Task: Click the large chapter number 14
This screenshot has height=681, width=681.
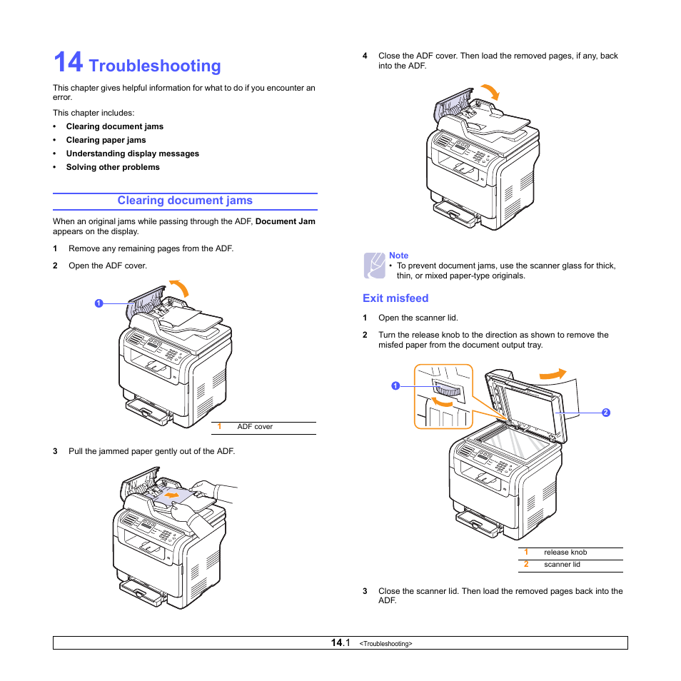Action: click(68, 63)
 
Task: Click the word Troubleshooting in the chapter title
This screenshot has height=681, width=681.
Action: click(156, 66)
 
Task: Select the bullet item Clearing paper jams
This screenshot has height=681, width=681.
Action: click(106, 140)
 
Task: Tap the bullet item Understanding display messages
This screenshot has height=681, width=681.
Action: click(132, 153)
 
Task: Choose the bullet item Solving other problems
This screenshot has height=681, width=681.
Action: click(113, 167)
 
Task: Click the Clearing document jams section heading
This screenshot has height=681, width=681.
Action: click(185, 201)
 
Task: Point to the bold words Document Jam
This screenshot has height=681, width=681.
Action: click(285, 221)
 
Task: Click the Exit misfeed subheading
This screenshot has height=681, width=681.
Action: click(395, 298)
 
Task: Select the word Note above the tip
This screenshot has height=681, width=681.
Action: click(398, 256)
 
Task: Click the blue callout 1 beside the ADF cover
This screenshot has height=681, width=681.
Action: click(99, 303)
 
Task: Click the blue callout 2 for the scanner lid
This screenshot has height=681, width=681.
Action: click(605, 413)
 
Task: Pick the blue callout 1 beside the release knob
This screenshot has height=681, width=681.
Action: click(394, 386)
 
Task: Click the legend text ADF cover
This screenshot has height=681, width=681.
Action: click(255, 427)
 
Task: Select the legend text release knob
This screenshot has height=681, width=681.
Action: click(565, 553)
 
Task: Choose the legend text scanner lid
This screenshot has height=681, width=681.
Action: click(562, 565)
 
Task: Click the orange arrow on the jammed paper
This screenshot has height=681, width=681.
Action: click(171, 493)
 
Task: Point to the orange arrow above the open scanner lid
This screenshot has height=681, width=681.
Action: click(551, 374)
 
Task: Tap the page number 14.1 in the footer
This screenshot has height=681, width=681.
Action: click(340, 643)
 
